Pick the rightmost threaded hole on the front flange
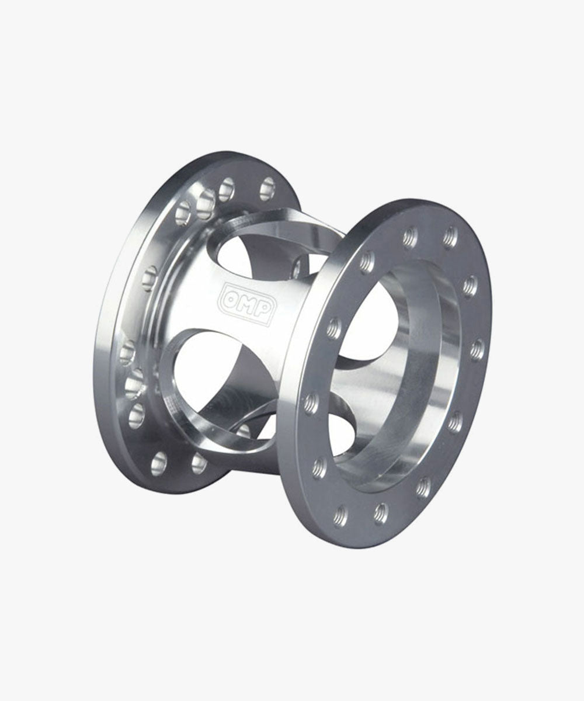(477, 349)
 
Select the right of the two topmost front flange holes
(449, 237)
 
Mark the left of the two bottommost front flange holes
(340, 516)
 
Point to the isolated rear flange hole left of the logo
(150, 275)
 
